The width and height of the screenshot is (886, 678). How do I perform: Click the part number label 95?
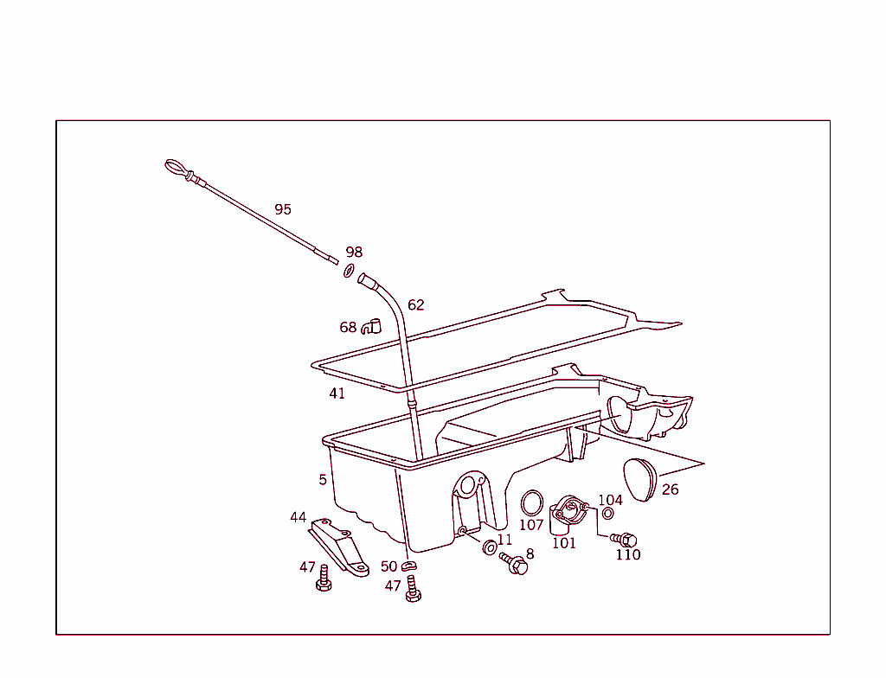tap(283, 209)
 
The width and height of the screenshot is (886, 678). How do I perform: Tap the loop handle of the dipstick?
tap(175, 168)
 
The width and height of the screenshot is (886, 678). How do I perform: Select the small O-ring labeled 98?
tap(350, 271)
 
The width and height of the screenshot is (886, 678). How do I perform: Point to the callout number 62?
tap(416, 305)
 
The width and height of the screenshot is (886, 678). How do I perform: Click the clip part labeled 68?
tap(371, 327)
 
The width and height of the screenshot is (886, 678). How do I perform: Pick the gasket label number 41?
tap(337, 393)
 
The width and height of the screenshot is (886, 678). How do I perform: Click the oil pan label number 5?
tap(323, 480)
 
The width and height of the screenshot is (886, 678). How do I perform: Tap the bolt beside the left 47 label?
tap(324, 578)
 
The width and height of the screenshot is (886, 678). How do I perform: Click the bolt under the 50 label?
tap(413, 589)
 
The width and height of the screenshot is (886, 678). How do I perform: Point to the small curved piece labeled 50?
tap(409, 566)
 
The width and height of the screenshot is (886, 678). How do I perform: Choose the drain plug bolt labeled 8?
tap(514, 563)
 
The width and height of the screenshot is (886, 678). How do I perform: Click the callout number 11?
tap(504, 540)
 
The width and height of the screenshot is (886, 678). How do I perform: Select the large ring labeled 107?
tap(532, 502)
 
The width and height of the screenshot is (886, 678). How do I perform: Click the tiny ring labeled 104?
tap(608, 514)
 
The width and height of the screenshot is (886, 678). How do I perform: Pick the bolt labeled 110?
tap(625, 540)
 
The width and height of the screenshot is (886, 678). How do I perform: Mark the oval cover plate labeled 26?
tap(639, 480)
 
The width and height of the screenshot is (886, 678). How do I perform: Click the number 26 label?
tap(671, 489)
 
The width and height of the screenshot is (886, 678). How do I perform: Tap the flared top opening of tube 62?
tap(364, 279)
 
